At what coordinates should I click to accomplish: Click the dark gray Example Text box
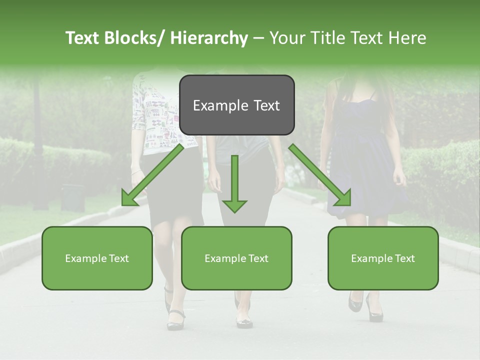[x=236, y=105]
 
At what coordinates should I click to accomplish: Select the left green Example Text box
[x=97, y=258]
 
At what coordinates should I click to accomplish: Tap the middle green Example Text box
[x=236, y=258]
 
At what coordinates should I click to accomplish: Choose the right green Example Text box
[x=383, y=258]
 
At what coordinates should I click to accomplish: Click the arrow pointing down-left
[x=150, y=177]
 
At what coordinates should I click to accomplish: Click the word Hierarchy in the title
[x=208, y=38]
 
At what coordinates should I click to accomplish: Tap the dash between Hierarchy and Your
[x=258, y=38]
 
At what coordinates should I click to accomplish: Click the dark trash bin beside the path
[x=72, y=197]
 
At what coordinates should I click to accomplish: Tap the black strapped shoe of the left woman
[x=175, y=320]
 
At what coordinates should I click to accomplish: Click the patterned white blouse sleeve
[x=139, y=110]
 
